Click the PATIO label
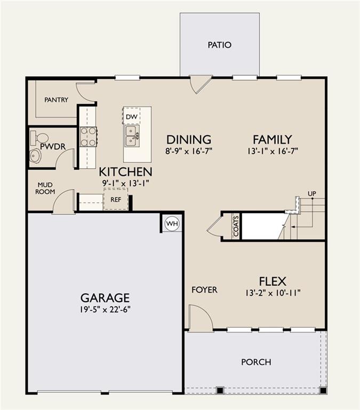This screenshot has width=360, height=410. tap(219, 45)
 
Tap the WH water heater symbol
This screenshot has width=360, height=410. tap(172, 224)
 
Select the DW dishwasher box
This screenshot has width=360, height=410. tap(131, 116)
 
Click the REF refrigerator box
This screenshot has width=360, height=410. tap(116, 199)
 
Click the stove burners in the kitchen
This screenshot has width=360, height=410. tap(88, 136)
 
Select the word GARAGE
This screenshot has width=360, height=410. tap(105, 298)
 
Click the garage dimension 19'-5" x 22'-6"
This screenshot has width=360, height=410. tap(105, 309)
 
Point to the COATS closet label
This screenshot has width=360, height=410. tap(236, 226)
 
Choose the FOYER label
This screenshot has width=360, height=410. tap(204, 290)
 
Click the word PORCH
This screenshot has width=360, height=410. tap(256, 362)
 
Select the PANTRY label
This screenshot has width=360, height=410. tap(56, 100)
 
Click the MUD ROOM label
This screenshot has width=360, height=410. tap(45, 188)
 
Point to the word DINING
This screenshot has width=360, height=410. tap(188, 140)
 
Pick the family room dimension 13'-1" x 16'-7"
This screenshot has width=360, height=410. tap(272, 151)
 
